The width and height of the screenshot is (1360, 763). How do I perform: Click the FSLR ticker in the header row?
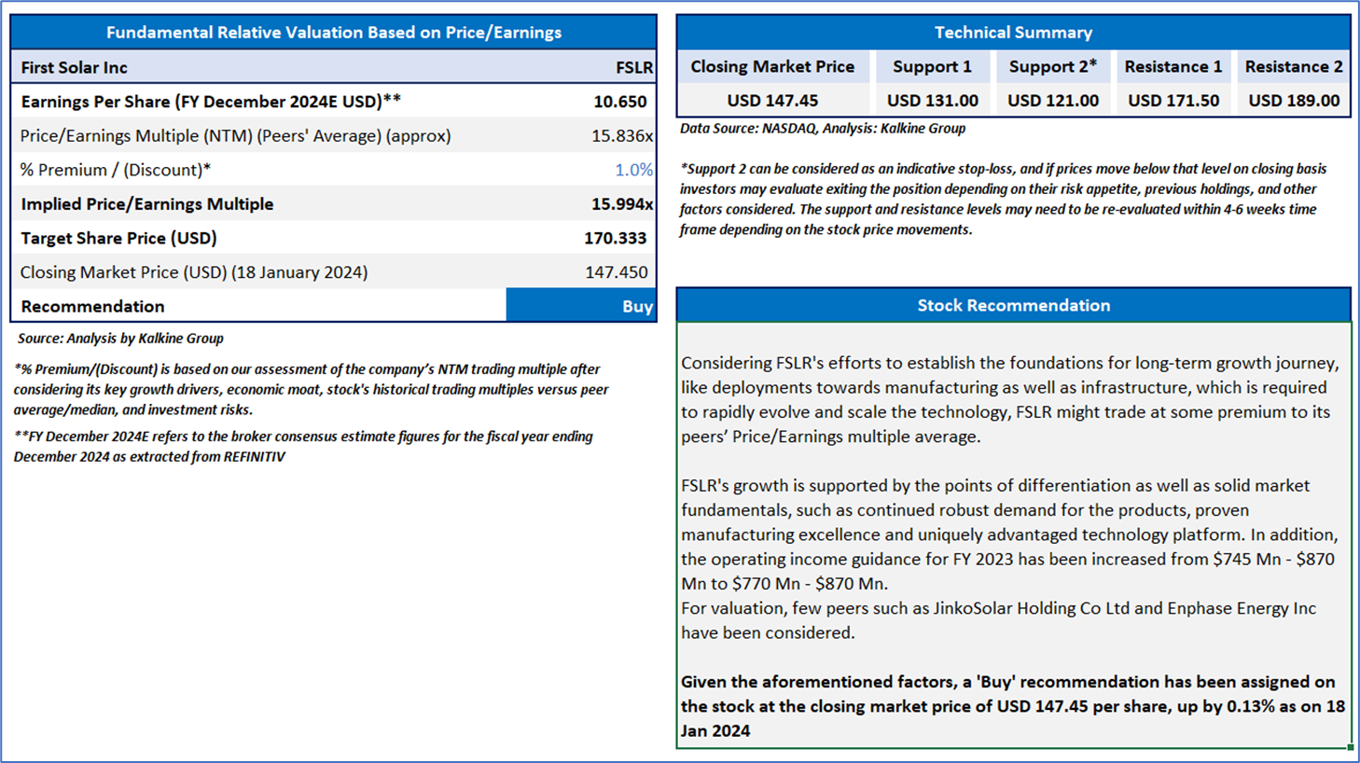coord(633,67)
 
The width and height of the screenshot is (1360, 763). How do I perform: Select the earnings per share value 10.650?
coord(619,102)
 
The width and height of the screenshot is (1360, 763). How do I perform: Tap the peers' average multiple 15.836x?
coord(621,136)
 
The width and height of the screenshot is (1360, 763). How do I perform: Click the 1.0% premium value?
coord(633,170)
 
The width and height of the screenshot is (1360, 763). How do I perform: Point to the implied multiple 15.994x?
coord(621,204)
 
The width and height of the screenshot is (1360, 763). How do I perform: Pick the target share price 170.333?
coord(615,238)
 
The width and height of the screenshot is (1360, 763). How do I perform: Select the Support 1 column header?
coord(932,66)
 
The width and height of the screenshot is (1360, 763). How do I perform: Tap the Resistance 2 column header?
coord(1293,66)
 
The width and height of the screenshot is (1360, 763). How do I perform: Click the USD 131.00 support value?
coord(932,101)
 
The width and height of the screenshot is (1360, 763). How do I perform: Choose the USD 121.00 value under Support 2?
coord(1052,101)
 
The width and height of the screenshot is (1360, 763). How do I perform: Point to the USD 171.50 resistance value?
coord(1173,101)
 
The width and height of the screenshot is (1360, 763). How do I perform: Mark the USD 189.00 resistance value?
coord(1293,101)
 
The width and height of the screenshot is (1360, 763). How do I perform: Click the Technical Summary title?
coord(1013,33)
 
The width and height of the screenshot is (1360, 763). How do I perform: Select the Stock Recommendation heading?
coord(1013,305)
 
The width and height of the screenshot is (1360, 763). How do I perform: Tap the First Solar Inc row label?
coord(74,67)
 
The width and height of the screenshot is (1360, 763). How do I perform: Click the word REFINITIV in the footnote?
coord(254,457)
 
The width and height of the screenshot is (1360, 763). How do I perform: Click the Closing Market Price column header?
coord(771,66)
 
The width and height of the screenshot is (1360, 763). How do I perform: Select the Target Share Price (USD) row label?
coord(118,238)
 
